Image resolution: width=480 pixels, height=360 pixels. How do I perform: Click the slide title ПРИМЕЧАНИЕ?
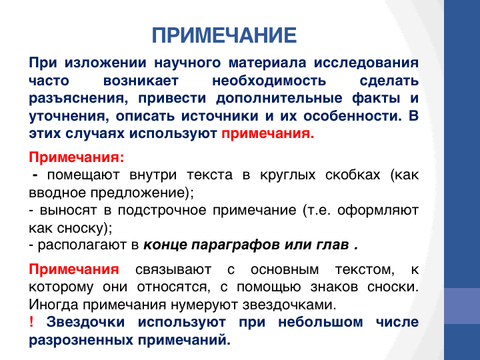pyautogui.click(x=224, y=35)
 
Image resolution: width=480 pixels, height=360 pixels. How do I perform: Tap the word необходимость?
pyautogui.click(x=269, y=81)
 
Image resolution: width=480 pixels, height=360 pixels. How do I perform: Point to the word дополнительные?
pyautogui.click(x=279, y=99)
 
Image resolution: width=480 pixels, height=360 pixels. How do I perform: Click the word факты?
pyautogui.click(x=376, y=99)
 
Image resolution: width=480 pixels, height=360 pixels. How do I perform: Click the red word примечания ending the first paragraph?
pyautogui.click(x=268, y=134)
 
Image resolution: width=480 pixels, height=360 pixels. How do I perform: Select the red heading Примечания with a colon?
pyautogui.click(x=77, y=157)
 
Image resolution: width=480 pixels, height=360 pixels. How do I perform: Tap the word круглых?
pyautogui.click(x=288, y=175)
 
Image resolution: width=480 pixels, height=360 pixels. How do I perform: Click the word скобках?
pyautogui.click(x=353, y=175)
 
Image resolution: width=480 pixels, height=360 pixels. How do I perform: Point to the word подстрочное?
pyautogui.click(x=162, y=211)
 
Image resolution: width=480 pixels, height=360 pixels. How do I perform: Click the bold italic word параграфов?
pyautogui.click(x=235, y=245)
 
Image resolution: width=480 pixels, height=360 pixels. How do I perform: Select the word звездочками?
pyautogui.click(x=289, y=305)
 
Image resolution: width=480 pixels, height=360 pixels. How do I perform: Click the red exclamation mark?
pyautogui.click(x=31, y=322)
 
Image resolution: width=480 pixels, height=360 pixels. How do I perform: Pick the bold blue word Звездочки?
pyautogui.click(x=85, y=323)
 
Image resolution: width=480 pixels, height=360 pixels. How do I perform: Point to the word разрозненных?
pyautogui.click(x=81, y=341)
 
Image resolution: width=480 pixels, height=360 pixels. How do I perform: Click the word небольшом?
pyautogui.click(x=321, y=323)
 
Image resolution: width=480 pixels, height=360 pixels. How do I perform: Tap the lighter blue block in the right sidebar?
pyautogui.click(x=462, y=306)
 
